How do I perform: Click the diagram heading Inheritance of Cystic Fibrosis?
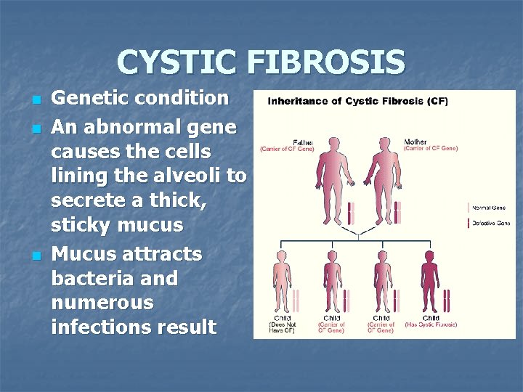357,101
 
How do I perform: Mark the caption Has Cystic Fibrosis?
431,324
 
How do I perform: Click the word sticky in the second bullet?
80,226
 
